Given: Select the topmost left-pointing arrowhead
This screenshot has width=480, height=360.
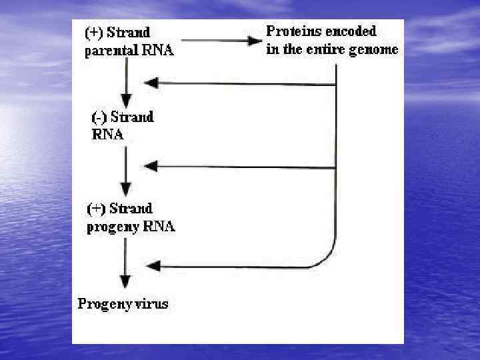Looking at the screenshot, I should [152, 83].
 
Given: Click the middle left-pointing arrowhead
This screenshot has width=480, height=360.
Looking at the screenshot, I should [152, 165].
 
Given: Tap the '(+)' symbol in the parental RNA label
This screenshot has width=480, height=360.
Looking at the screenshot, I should [94, 32].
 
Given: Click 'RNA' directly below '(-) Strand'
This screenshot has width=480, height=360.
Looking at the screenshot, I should [107, 134].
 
